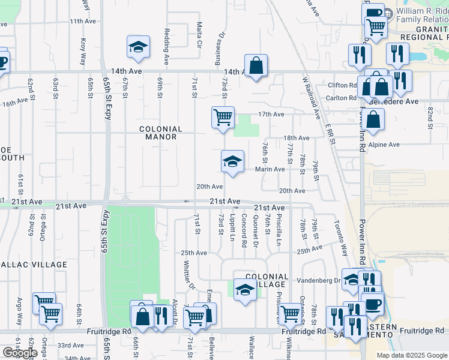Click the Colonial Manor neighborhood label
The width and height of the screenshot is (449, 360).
[160, 133]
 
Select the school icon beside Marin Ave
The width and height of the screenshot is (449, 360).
[232, 161]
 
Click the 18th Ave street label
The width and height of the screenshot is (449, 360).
[296, 138]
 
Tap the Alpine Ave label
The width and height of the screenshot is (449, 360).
[385, 145]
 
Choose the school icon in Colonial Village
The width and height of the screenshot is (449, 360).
[244, 290]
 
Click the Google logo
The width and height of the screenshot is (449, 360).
[19, 353]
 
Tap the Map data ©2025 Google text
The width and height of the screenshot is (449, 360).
[411, 355]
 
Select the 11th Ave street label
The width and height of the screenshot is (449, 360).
[83, 21]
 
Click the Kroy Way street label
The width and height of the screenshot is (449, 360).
[83, 52]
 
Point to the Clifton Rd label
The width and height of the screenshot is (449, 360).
[341, 85]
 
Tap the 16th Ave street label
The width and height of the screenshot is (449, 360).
[15, 103]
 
